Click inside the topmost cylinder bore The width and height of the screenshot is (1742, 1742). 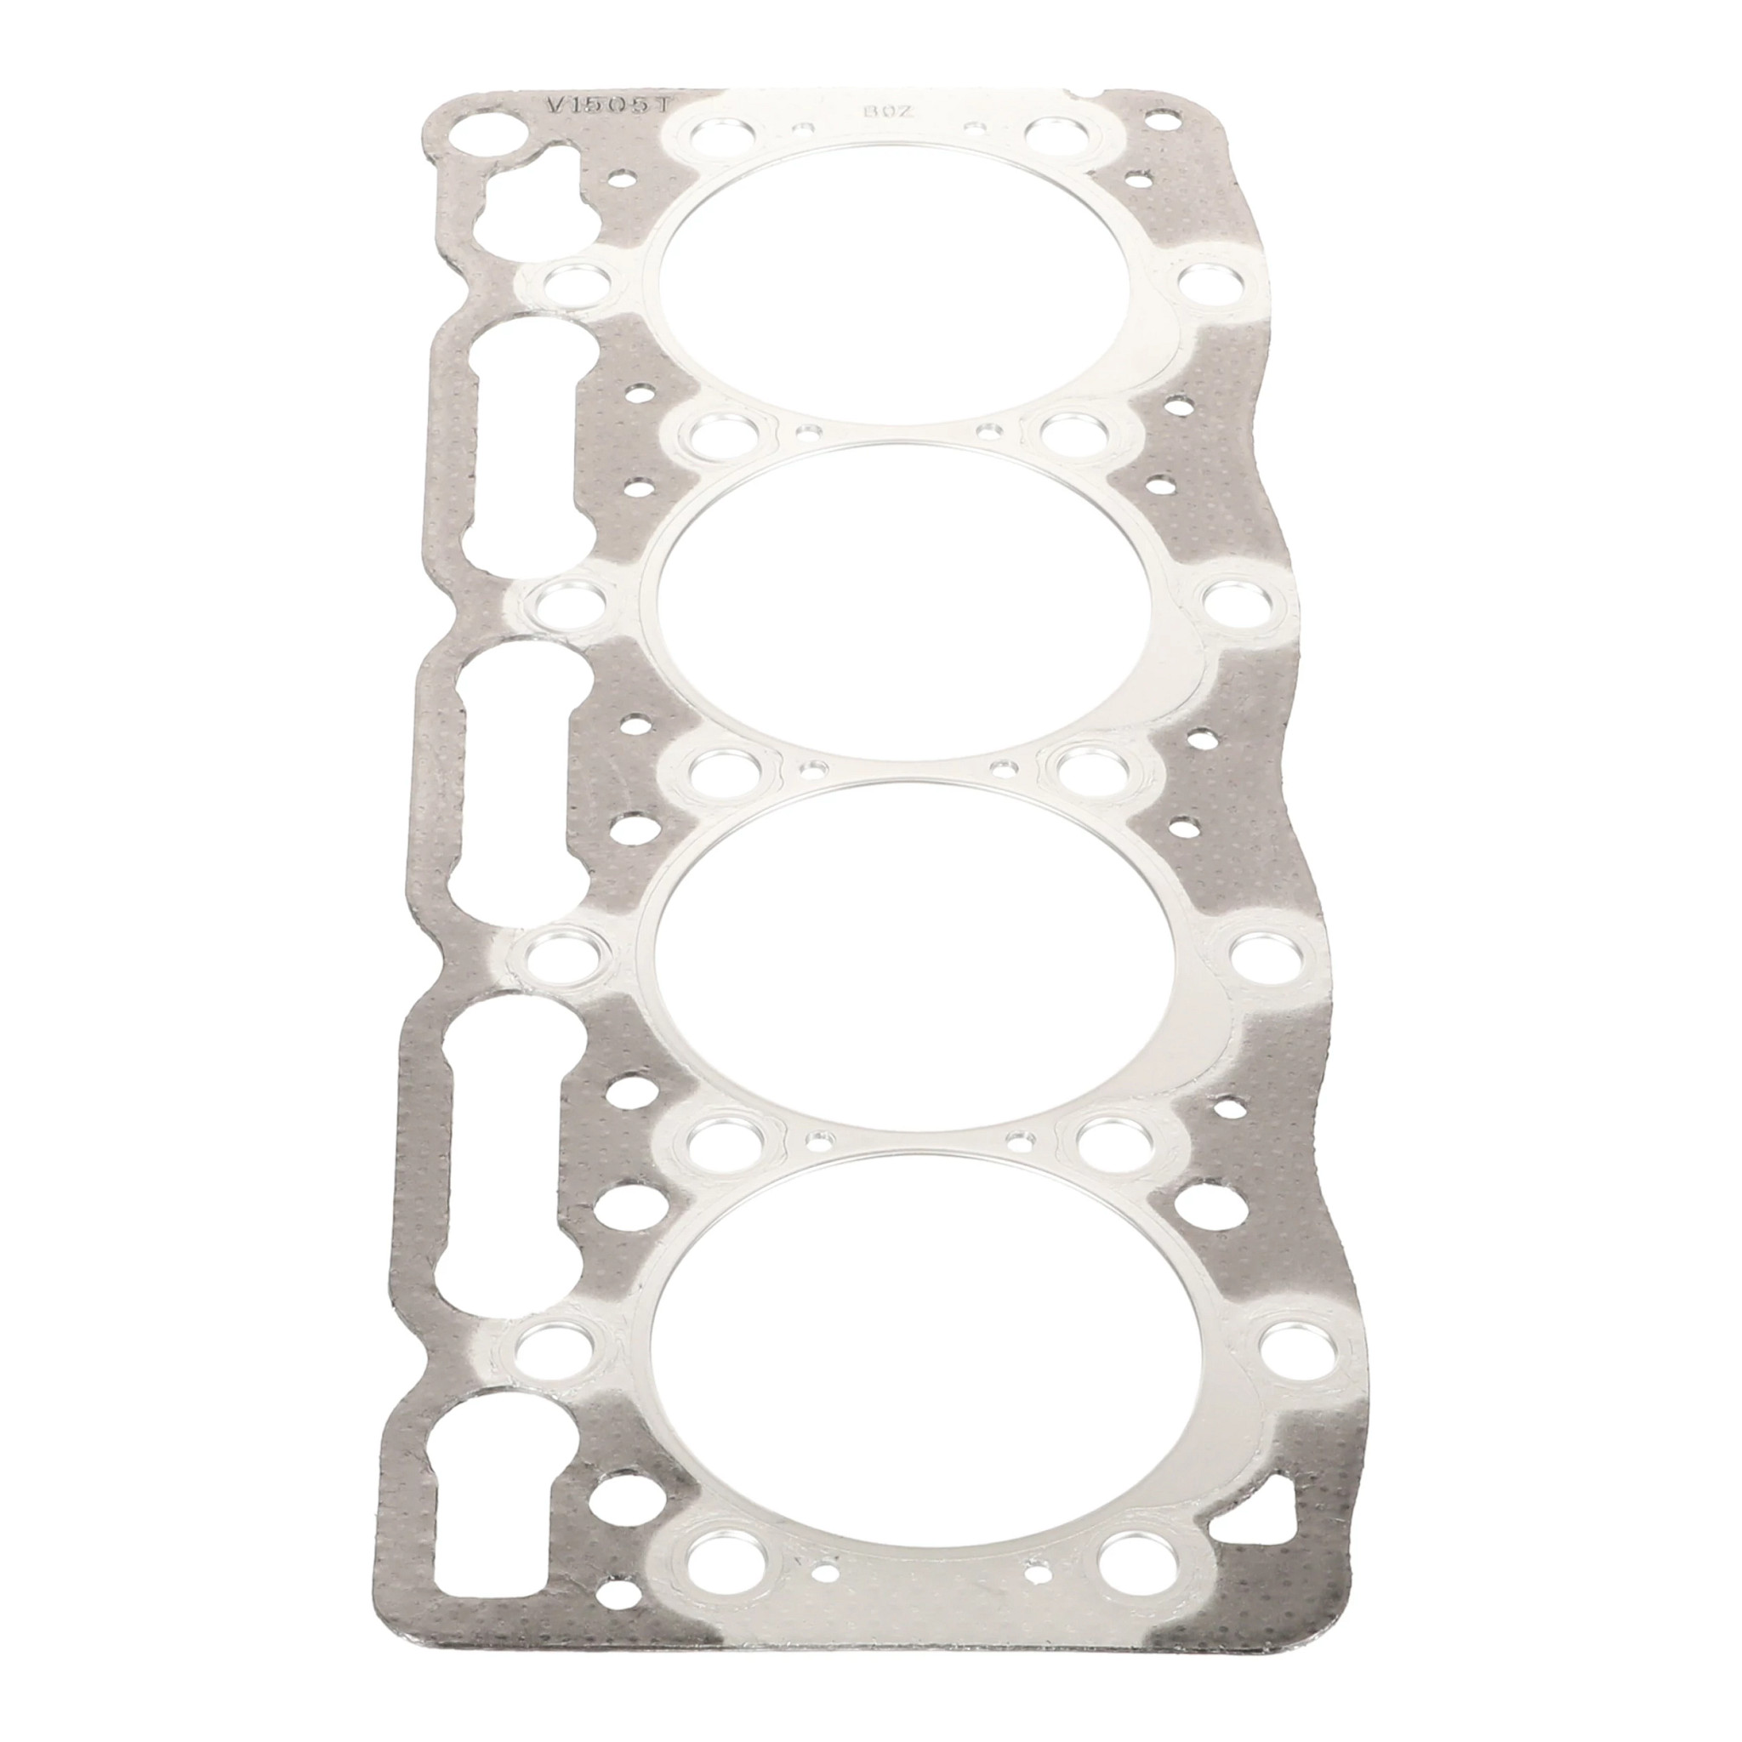coord(906,293)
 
